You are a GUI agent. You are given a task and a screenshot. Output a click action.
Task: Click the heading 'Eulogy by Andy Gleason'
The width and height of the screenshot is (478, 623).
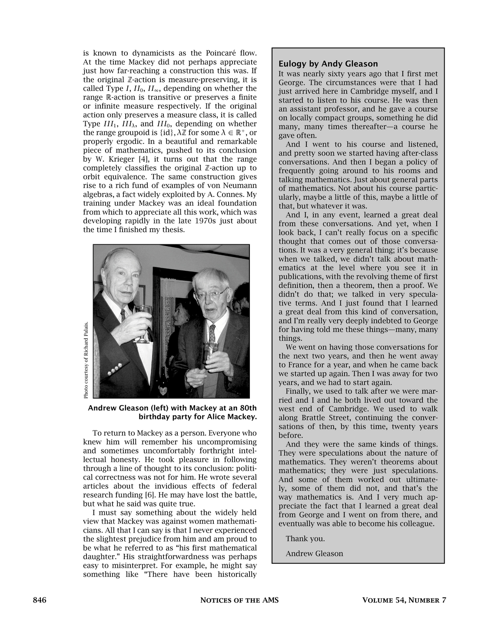pyautogui.click(x=328, y=64)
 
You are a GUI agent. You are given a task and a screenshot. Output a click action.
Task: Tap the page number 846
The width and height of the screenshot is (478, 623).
pyautogui.click(x=40, y=600)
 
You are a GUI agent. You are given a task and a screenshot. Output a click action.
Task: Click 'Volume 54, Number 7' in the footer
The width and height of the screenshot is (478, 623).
pyautogui.click(x=404, y=600)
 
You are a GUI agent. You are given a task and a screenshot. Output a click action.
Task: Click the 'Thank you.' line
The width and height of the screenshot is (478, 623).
pyautogui.click(x=305, y=539)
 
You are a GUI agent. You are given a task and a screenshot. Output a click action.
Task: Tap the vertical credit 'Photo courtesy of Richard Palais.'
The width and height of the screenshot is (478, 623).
pyautogui.click(x=86, y=360)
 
